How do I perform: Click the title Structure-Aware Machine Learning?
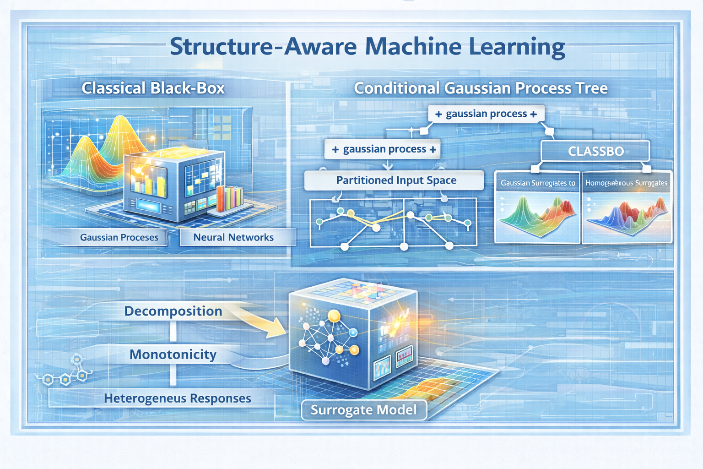point(367,47)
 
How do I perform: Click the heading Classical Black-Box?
point(153,88)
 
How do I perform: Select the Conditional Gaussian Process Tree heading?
point(481,88)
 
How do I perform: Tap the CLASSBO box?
point(595,151)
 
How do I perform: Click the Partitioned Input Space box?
point(396,180)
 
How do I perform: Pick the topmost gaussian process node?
point(486,114)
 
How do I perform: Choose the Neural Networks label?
point(233,237)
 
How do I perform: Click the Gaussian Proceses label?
point(119,237)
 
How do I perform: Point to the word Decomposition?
point(173,311)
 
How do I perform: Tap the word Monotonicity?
point(173,354)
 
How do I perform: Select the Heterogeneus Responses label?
point(177,398)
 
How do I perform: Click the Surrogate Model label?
point(364,410)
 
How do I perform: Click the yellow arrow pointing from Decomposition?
point(261,323)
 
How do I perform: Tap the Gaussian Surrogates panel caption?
point(537,183)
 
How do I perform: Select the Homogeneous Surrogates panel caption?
point(626,183)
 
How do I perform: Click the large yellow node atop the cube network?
point(334,316)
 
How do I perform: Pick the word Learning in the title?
point(517,47)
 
